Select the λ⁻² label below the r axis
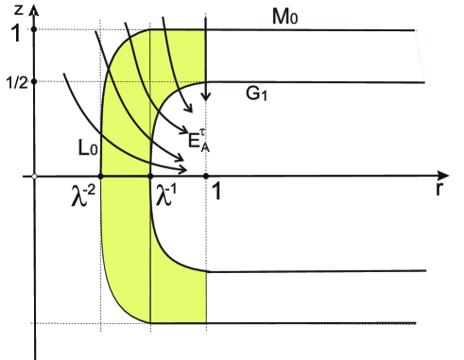tap(88, 194)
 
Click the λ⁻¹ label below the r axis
tap(166, 195)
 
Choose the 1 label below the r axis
tap(216, 193)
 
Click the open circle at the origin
tap(34, 176)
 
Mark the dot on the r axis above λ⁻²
tap(100, 176)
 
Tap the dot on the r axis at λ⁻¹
tap(151, 176)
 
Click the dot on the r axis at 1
tap(205, 176)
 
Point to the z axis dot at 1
tap(34, 29)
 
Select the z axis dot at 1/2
tap(34, 81)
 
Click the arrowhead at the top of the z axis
tap(34, 8)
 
